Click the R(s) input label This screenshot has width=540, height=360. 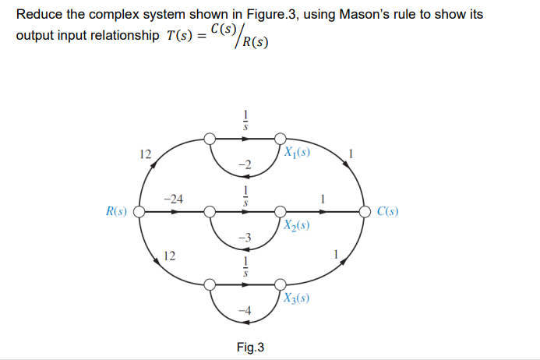(118, 210)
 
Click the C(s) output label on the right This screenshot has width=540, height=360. (387, 210)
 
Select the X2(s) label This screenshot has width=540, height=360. (297, 225)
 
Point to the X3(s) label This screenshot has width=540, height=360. (297, 298)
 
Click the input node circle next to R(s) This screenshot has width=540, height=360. (139, 210)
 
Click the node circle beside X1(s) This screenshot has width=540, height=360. (280, 139)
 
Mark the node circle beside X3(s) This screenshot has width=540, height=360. (280, 284)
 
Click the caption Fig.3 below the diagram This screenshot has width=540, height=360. (249, 346)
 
